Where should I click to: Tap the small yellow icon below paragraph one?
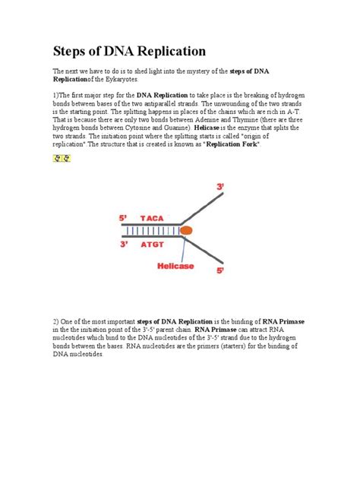(61, 158)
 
